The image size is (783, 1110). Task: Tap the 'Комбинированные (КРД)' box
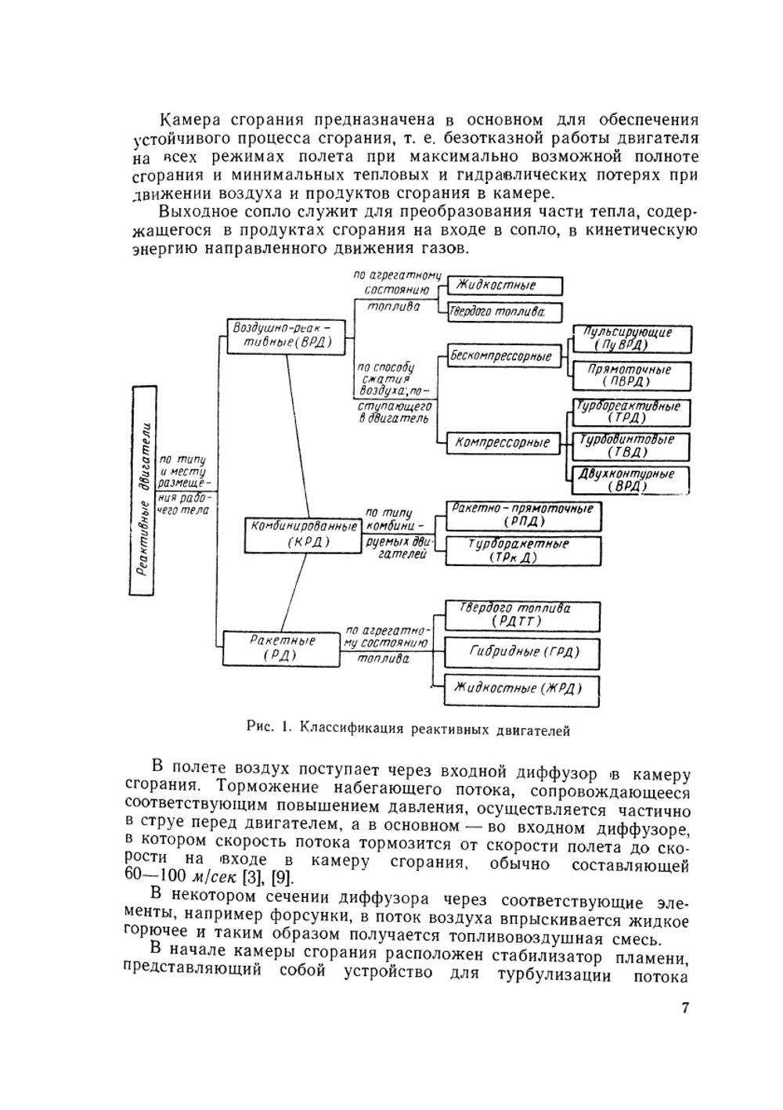click(301, 533)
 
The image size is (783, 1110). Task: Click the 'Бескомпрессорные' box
click(501, 357)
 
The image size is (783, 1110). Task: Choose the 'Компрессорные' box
click(503, 442)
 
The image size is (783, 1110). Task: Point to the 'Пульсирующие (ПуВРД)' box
click(632, 339)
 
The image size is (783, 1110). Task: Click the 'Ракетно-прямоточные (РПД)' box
click(523, 515)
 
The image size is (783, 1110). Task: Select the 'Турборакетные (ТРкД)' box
click(523, 550)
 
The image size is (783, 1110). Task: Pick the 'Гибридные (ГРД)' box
click(523, 651)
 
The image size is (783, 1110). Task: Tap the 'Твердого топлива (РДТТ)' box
click(521, 615)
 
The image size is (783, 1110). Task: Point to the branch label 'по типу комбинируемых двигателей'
click(397, 534)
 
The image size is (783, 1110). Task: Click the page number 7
click(685, 1007)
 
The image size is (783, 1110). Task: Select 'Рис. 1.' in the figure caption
click(269, 728)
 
